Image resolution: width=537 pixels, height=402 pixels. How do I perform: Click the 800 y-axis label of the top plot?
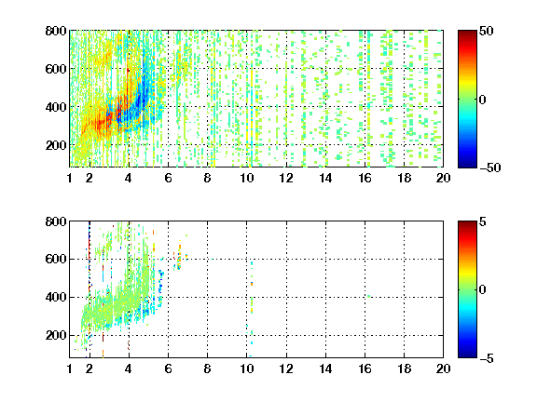[x=56, y=31]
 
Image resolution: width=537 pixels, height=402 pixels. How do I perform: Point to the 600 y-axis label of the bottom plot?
[x=56, y=259]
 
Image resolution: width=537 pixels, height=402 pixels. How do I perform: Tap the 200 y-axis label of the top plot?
[x=56, y=145]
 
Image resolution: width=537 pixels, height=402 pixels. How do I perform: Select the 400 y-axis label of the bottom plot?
[x=56, y=297]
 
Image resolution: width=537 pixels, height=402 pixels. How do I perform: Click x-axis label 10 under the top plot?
[x=246, y=178]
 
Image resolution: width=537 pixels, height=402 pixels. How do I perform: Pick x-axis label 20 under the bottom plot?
[x=443, y=368]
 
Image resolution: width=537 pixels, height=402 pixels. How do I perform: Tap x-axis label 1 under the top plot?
[x=70, y=178]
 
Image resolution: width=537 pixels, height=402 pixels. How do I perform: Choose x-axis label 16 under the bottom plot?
[x=365, y=368]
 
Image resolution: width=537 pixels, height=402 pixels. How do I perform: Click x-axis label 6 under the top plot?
[x=168, y=178]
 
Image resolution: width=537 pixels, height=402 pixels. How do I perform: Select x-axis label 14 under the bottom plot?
[x=325, y=368]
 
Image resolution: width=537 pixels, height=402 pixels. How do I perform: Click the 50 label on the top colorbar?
[x=486, y=31]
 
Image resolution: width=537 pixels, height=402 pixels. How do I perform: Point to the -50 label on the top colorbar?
[x=489, y=167]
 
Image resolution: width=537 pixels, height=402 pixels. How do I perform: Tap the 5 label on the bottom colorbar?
[x=482, y=221]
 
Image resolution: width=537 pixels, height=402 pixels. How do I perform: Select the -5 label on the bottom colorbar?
[x=486, y=358]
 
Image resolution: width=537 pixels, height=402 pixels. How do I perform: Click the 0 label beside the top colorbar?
[x=482, y=100]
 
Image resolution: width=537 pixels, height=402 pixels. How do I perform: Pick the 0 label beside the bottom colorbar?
[x=482, y=290]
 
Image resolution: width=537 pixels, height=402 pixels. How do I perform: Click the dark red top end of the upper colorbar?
[x=467, y=33]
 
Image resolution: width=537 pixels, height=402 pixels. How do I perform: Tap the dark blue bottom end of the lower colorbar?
[x=467, y=355]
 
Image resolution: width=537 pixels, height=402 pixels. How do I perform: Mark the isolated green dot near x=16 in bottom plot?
[x=369, y=296]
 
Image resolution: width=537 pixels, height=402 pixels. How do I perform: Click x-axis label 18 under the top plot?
[x=404, y=178]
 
